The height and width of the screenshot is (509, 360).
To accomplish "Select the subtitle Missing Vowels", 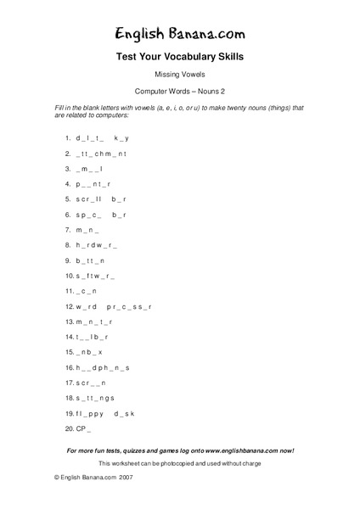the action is [179, 76].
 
